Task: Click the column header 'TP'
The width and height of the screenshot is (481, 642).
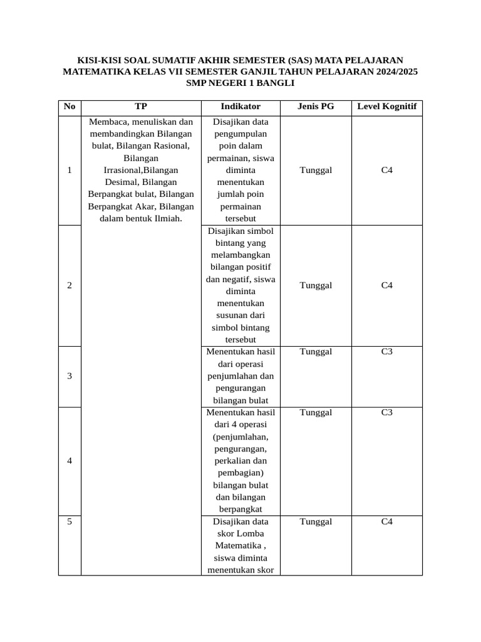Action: tap(141, 107)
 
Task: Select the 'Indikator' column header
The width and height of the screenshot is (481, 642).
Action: tap(240, 107)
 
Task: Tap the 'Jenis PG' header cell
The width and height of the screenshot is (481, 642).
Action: tap(316, 107)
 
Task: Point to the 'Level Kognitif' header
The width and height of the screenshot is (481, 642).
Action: tap(386, 107)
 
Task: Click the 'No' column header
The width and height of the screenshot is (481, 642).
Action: tap(70, 107)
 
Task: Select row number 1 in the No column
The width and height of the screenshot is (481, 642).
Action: tap(70, 171)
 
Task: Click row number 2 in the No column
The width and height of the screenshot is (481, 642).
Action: tap(70, 286)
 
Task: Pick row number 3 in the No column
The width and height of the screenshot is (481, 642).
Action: tap(70, 376)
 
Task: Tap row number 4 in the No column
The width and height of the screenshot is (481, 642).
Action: tap(70, 461)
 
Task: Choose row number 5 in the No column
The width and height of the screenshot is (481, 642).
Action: tap(70, 522)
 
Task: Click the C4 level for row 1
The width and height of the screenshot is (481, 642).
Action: tap(387, 171)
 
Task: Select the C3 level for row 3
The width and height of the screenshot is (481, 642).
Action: tap(387, 352)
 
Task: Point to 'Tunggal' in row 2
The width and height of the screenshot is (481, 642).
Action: tap(316, 286)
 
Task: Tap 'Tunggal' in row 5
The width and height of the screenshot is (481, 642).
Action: tap(316, 522)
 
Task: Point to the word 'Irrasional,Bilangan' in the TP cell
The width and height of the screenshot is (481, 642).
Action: tap(141, 171)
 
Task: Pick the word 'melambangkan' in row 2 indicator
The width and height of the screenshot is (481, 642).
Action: tap(240, 255)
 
